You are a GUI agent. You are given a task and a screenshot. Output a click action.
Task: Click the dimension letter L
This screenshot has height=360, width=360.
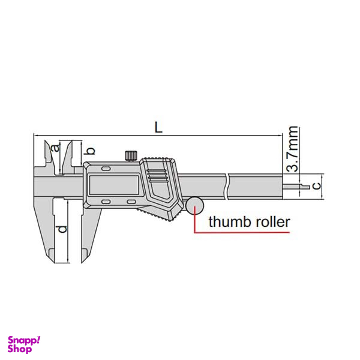click(158, 127)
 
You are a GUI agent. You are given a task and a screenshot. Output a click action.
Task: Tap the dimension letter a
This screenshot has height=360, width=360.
click(55, 148)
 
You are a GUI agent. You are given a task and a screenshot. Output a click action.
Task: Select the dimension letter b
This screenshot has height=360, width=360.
click(92, 150)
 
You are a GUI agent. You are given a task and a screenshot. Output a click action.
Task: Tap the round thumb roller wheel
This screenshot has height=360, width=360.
click(194, 206)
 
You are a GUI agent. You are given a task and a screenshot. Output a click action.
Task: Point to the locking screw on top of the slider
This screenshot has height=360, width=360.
click(131, 155)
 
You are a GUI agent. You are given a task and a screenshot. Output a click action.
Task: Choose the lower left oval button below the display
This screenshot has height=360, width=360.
click(107, 202)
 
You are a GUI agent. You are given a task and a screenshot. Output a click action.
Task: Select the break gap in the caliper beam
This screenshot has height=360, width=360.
click(227, 185)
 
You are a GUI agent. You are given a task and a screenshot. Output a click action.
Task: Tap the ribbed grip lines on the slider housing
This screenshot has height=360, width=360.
click(157, 175)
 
